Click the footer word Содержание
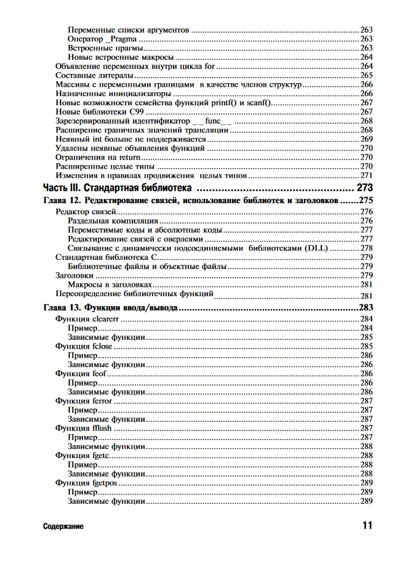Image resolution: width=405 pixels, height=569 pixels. click(x=63, y=527)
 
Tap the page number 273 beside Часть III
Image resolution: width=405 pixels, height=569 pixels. click(x=364, y=188)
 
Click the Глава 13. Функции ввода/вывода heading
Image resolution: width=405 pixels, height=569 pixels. click(x=111, y=307)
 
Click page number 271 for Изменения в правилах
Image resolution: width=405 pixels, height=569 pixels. click(x=367, y=176)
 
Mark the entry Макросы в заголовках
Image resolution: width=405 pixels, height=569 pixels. click(x=110, y=285)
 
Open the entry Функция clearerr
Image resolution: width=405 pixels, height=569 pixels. click(x=87, y=319)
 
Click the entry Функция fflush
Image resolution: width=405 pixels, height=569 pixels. click(x=83, y=428)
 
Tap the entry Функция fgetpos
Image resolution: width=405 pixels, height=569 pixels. click(x=86, y=483)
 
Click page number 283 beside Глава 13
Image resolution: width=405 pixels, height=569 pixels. click(x=366, y=307)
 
